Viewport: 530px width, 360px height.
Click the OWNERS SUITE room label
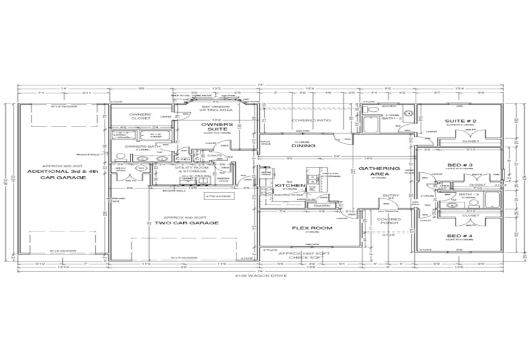[213, 127]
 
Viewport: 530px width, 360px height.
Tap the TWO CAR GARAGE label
[186, 223]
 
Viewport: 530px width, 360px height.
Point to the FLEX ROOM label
[303, 228]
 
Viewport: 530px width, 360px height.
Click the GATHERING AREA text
[379, 172]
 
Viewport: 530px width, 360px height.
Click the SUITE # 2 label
[460, 121]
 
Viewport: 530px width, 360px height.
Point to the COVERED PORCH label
[389, 222]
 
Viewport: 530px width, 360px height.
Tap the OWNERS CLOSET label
[140, 116]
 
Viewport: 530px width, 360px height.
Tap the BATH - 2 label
[391, 118]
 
